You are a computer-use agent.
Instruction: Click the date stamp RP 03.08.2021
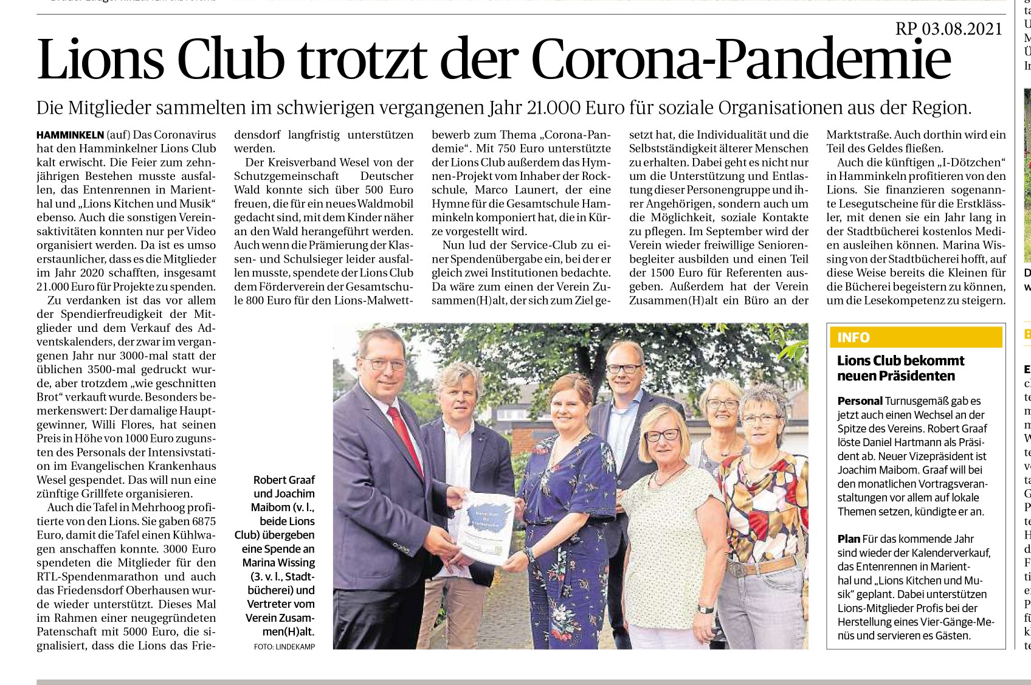[x=948, y=29]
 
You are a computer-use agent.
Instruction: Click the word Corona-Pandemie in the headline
[x=741, y=60]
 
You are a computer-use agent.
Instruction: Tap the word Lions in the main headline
[x=101, y=60]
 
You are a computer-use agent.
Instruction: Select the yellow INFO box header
[x=915, y=337]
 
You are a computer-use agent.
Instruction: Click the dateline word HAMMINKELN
[x=70, y=135]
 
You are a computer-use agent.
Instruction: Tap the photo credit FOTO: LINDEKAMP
[x=284, y=647]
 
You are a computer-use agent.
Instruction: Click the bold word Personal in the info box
[x=860, y=401]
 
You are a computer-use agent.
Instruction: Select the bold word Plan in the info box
[x=849, y=539]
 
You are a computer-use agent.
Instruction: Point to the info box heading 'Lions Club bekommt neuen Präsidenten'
[x=900, y=368]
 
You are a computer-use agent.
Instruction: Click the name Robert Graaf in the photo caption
[x=284, y=480]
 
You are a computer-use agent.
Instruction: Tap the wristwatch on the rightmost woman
[x=705, y=608]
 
